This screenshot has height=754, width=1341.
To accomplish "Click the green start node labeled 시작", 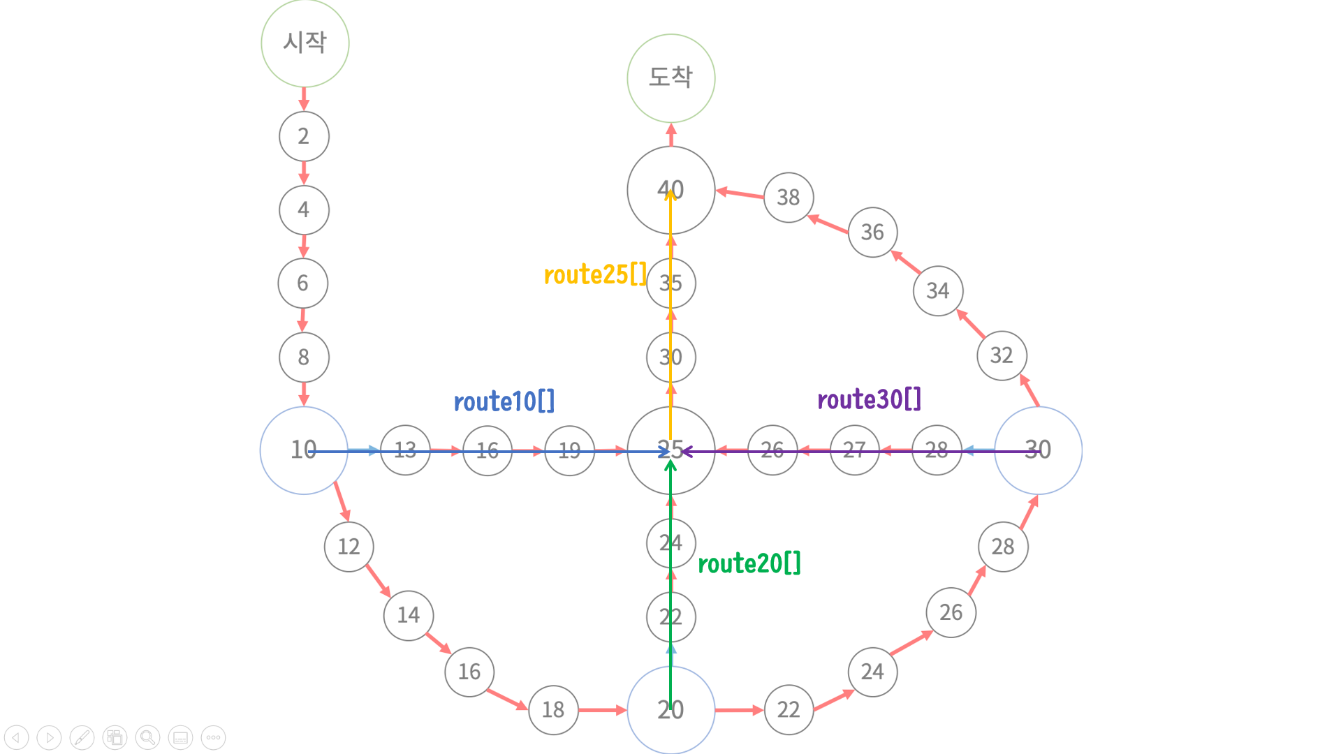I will pyautogui.click(x=305, y=43).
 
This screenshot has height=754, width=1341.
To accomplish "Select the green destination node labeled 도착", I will pyautogui.click(x=670, y=77).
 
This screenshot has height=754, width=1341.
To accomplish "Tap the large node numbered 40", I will pyautogui.click(x=670, y=190).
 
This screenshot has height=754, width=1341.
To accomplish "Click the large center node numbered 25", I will pyautogui.click(x=670, y=450).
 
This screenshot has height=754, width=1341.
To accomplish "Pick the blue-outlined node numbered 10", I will pyautogui.click(x=304, y=450).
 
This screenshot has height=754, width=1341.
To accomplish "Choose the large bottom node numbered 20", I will pyautogui.click(x=670, y=709).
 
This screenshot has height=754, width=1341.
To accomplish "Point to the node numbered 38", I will pyautogui.click(x=789, y=198).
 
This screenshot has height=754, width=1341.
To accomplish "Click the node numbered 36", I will pyautogui.click(x=872, y=232).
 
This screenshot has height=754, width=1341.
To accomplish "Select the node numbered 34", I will pyautogui.click(x=937, y=290).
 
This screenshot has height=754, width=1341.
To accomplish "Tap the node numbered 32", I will pyautogui.click(x=1002, y=355).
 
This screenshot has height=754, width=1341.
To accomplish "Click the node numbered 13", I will pyautogui.click(x=405, y=450).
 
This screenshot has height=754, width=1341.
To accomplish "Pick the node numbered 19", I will pyautogui.click(x=569, y=450).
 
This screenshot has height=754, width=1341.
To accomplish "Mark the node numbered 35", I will pyautogui.click(x=670, y=283).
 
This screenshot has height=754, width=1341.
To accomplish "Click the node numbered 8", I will pyautogui.click(x=304, y=357).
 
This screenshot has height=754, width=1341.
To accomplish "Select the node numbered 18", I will pyautogui.click(x=553, y=709).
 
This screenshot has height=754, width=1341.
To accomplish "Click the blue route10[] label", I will pyautogui.click(x=504, y=402).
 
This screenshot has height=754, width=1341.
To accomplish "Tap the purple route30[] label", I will pyautogui.click(x=869, y=399).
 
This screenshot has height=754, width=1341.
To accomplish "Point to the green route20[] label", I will pyautogui.click(x=749, y=563).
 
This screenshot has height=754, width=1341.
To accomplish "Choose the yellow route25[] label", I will pyautogui.click(x=595, y=275).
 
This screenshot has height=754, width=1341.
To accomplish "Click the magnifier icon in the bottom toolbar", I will pyautogui.click(x=147, y=737).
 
